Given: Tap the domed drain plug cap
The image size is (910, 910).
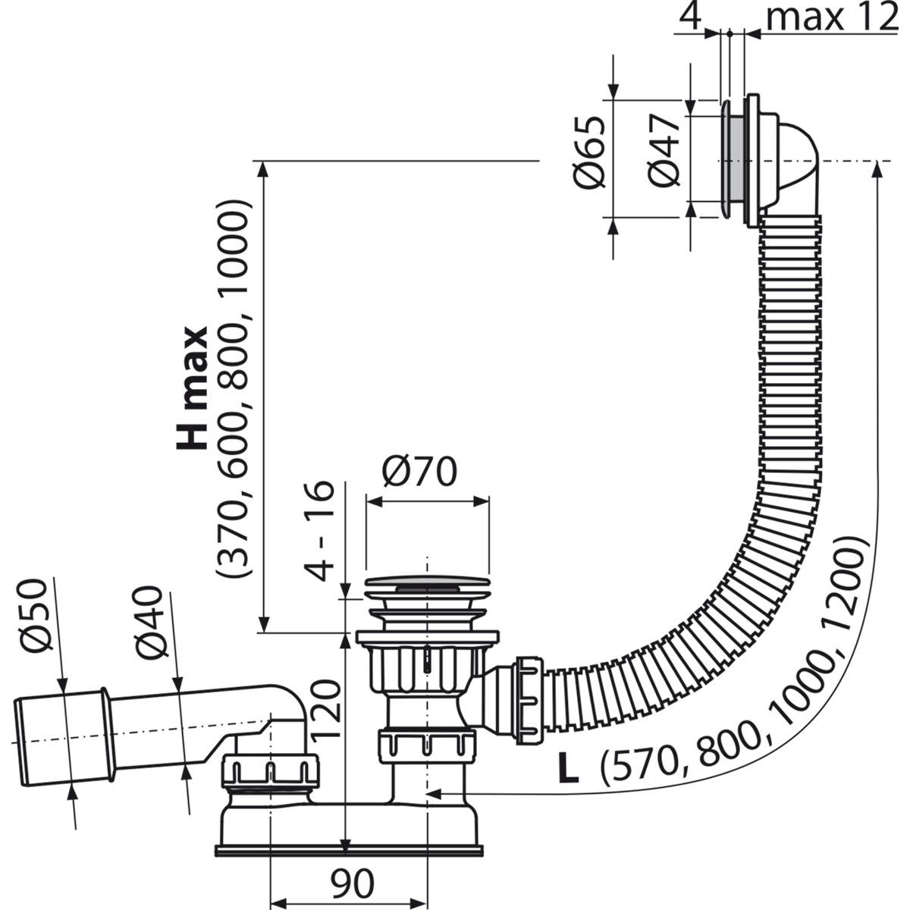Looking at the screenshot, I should [426, 585].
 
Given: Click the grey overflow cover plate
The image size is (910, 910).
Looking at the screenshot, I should [731, 160].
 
